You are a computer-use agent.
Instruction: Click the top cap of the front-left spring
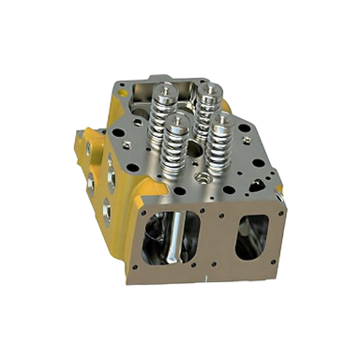click(x=178, y=119)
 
